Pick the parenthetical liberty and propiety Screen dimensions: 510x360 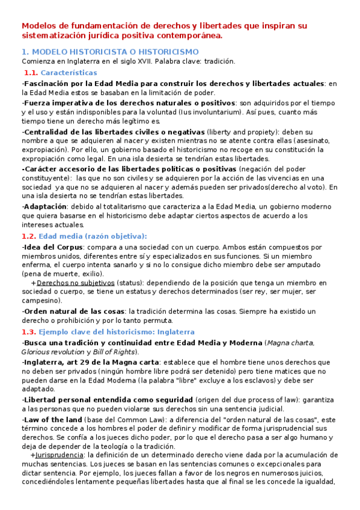(240, 131)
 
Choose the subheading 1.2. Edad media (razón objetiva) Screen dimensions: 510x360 (84, 236)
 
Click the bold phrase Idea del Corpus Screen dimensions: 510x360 (51, 247)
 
